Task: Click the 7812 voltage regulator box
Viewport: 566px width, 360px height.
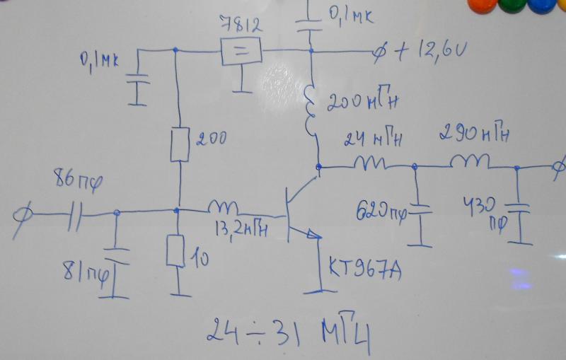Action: [241, 52]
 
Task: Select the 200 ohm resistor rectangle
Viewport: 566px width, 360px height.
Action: [179, 144]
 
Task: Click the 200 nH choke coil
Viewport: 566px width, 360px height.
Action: [312, 110]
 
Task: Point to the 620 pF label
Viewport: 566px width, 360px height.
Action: [383, 211]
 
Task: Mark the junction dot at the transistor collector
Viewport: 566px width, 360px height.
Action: [319, 168]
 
